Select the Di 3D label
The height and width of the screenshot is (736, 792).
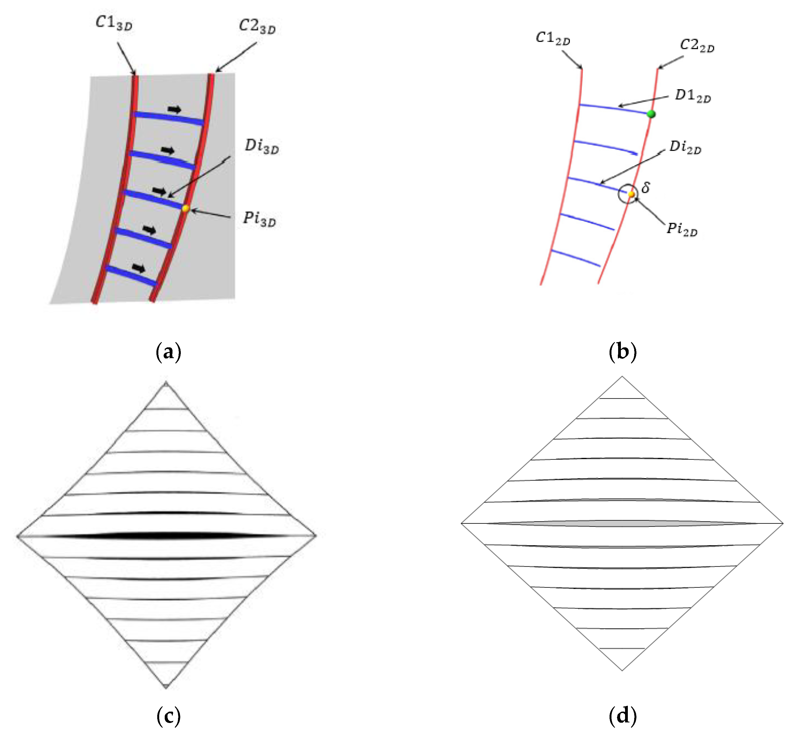(262, 147)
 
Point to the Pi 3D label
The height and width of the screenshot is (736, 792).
(259, 219)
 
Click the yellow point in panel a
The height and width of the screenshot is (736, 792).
(185, 208)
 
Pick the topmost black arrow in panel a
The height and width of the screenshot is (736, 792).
(174, 109)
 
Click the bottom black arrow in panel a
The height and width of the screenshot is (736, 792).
(139, 268)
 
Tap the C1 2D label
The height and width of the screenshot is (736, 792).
(553, 38)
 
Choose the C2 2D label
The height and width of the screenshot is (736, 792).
(697, 45)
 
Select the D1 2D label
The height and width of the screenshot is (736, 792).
(692, 96)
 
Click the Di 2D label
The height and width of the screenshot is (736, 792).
(685, 147)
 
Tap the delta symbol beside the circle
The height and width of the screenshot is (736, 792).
(646, 187)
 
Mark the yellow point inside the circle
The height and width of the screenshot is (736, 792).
(631, 194)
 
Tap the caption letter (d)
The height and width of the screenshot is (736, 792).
(623, 716)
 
